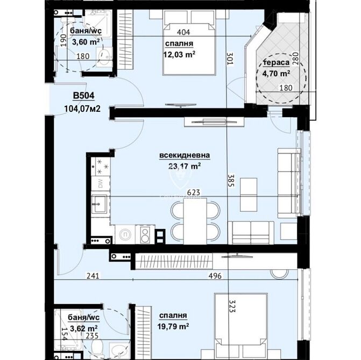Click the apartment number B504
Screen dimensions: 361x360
[x=83, y=96]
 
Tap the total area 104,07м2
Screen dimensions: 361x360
[x=82, y=109]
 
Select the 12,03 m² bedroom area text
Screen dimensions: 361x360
[x=179, y=54]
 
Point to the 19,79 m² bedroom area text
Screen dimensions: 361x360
[x=173, y=326]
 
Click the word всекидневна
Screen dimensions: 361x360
[x=185, y=155]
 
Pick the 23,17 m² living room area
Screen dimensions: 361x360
[x=185, y=165]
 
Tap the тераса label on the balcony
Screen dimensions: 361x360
[x=277, y=62]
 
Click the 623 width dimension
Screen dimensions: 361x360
[x=193, y=192]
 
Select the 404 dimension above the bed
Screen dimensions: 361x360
[x=183, y=32]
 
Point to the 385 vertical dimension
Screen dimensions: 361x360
[x=231, y=181]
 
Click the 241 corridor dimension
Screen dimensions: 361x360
[x=93, y=276]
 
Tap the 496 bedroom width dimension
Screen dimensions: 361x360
[x=215, y=276]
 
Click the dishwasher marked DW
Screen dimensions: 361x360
[x=101, y=183]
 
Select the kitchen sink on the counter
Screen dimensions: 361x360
[x=99, y=204]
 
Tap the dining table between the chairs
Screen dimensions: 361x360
[x=195, y=221]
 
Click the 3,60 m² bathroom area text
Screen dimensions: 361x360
[x=86, y=42]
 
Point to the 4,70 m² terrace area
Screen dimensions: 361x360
[x=276, y=74]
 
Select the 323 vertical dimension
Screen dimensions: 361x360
[x=232, y=306]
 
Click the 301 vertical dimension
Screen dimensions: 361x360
[x=230, y=59]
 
